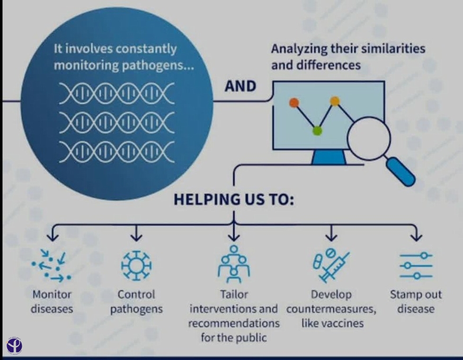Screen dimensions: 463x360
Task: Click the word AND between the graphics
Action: (240, 86)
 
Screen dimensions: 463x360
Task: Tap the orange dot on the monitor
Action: (294, 103)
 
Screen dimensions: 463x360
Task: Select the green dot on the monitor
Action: (317, 130)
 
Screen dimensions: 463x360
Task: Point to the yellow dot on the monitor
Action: (335, 101)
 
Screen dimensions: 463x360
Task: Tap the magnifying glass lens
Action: (369, 138)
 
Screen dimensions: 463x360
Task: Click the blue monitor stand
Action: (329, 157)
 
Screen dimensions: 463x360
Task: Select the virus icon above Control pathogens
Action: (136, 265)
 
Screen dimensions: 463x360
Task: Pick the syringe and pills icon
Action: (330, 265)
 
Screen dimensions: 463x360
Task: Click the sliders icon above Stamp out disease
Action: (416, 265)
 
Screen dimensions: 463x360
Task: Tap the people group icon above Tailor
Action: (233, 264)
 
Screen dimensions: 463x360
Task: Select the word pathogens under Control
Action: (136, 309)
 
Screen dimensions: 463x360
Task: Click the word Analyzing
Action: (299, 49)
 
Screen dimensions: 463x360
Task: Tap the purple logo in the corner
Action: (14, 345)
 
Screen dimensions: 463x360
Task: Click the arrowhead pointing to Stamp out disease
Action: (416, 237)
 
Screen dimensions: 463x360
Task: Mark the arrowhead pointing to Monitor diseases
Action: (53, 237)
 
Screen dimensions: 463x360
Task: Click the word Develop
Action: (331, 295)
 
